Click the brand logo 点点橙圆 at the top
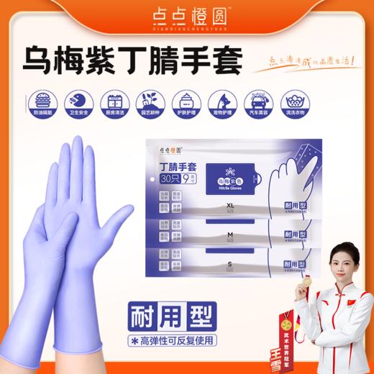tap(187, 15)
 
